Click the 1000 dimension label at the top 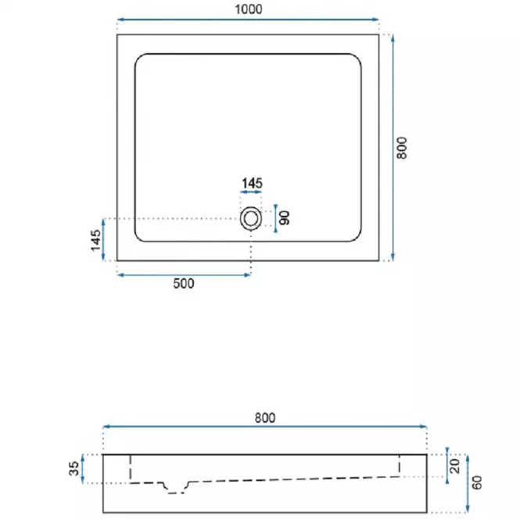click(249, 9)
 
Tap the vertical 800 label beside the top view click(402, 148)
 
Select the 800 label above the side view click(265, 418)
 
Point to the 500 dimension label click(184, 284)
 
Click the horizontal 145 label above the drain click(252, 183)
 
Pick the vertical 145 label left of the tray click(96, 240)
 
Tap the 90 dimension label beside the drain click(285, 218)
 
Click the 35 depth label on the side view click(74, 468)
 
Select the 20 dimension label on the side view click(455, 466)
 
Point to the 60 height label click(477, 482)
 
